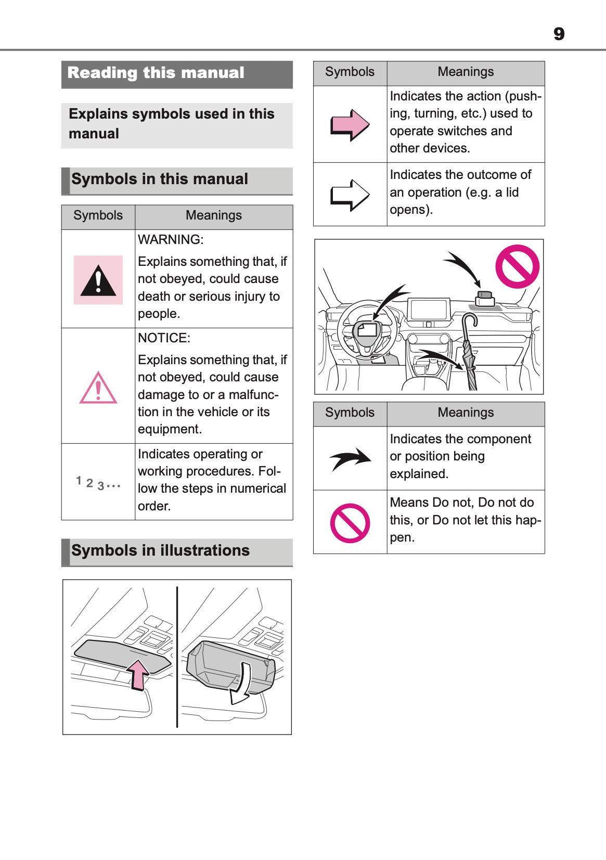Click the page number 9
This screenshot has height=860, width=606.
pyautogui.click(x=559, y=34)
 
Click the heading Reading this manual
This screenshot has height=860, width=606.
pyautogui.click(x=156, y=73)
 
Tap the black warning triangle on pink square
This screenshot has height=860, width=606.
pyautogui.click(x=98, y=280)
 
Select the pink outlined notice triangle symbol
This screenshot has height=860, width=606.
pyautogui.click(x=98, y=388)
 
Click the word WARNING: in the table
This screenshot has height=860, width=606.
pyautogui.click(x=171, y=240)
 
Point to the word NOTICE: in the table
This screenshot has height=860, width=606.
pyautogui.click(x=164, y=338)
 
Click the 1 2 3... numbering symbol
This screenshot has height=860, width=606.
pyautogui.click(x=98, y=483)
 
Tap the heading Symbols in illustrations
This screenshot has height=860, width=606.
pyautogui.click(x=160, y=550)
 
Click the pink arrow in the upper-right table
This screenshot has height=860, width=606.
pyautogui.click(x=350, y=125)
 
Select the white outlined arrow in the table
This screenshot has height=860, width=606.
pyautogui.click(x=350, y=195)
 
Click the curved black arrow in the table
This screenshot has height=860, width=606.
pyautogui.click(x=350, y=458)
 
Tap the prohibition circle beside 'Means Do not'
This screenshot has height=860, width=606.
pyautogui.click(x=350, y=523)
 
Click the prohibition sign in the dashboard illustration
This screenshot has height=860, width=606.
pyautogui.click(x=517, y=266)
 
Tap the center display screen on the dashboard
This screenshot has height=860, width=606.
pyautogui.click(x=429, y=310)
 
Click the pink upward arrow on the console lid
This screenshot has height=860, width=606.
pyautogui.click(x=138, y=675)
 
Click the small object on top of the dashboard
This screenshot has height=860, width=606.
pyautogui.click(x=485, y=299)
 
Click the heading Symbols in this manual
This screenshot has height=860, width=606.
pyautogui.click(x=160, y=179)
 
